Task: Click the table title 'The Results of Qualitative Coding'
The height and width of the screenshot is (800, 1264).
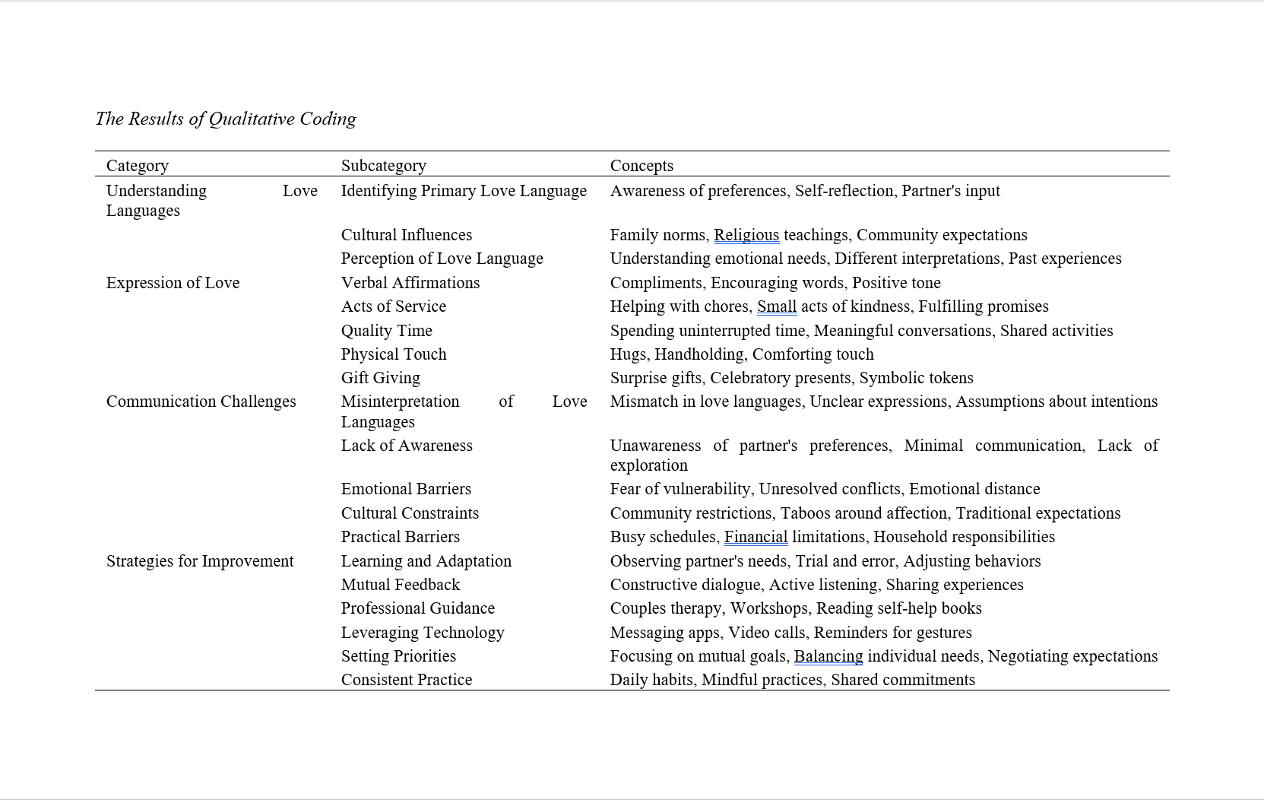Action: click(x=226, y=119)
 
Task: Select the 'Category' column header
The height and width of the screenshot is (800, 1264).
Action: click(x=138, y=165)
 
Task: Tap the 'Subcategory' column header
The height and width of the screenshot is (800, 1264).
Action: click(x=383, y=165)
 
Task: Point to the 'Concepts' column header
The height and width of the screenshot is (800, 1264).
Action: click(x=642, y=165)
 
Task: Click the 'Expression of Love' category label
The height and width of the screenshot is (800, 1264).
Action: click(x=173, y=283)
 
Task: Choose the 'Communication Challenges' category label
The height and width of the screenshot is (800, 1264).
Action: click(x=201, y=402)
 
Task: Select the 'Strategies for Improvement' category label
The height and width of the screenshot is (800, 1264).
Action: click(x=199, y=561)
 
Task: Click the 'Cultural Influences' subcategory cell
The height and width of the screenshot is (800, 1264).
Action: click(x=406, y=235)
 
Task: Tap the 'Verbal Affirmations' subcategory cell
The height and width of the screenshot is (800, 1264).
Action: click(x=410, y=283)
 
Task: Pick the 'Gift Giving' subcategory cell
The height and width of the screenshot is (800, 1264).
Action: click(x=380, y=378)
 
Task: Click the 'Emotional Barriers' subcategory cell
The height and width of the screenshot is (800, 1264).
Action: click(x=406, y=489)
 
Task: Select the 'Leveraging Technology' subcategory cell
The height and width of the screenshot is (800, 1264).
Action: click(x=422, y=633)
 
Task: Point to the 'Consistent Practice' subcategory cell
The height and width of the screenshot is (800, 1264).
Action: click(x=406, y=680)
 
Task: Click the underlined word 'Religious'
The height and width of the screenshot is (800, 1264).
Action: click(x=746, y=235)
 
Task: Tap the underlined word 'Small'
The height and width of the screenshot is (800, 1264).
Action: click(x=776, y=306)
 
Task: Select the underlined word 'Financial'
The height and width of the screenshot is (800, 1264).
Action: click(x=756, y=537)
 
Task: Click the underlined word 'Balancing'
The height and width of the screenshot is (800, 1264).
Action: click(x=828, y=656)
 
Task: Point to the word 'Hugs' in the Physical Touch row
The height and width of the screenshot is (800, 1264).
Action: click(x=628, y=354)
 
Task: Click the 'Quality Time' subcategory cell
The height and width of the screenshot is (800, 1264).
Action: click(x=386, y=331)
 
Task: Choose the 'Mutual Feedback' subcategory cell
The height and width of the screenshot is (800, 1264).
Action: click(x=400, y=585)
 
